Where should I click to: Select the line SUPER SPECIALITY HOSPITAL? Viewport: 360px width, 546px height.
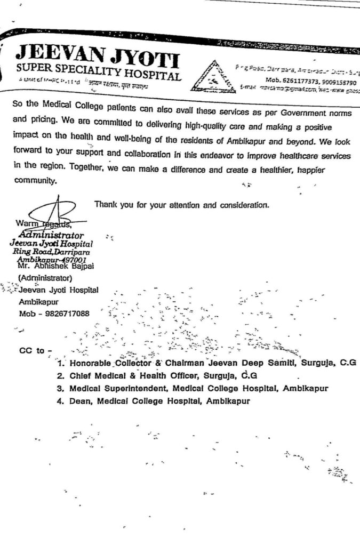point(99,72)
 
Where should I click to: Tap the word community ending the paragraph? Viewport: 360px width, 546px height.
point(34,181)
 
